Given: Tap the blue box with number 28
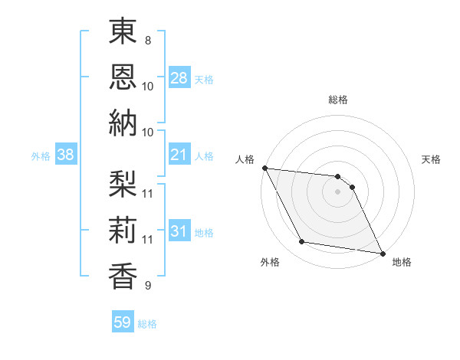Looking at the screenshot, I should [x=179, y=77].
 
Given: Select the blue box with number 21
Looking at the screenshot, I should [x=179, y=155].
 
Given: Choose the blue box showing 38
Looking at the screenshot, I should [x=65, y=155].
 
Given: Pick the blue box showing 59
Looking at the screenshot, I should [x=122, y=322].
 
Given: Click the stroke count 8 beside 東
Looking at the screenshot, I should [x=147, y=40].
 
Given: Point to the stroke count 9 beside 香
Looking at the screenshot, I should [x=147, y=286].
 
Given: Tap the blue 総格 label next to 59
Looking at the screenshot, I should [x=147, y=324].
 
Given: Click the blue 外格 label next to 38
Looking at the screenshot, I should [x=41, y=156].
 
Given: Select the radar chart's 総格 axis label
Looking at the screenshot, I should [x=338, y=100].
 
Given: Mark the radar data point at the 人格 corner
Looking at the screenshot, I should [x=264, y=168].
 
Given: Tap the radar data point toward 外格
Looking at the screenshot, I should [x=302, y=243].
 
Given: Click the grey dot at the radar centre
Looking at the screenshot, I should [x=338, y=192].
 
